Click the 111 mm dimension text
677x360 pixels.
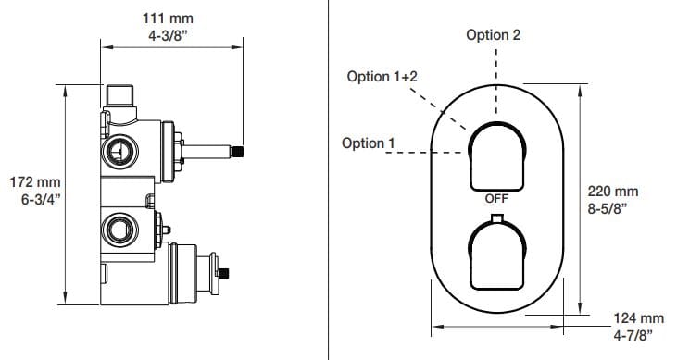pyautogui.click(x=168, y=19)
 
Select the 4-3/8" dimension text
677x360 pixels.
pyautogui.click(x=168, y=35)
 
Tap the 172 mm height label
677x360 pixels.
pyautogui.click(x=35, y=182)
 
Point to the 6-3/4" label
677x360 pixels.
pyautogui.click(x=41, y=199)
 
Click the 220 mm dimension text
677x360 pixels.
pyautogui.click(x=613, y=192)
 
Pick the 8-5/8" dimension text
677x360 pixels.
pyautogui.click(x=607, y=208)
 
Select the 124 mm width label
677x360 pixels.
pyautogui.click(x=639, y=318)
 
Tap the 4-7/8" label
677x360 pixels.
pyautogui.click(x=633, y=335)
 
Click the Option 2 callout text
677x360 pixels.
pyautogui.click(x=493, y=35)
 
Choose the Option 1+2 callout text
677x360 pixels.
pyautogui.click(x=382, y=77)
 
